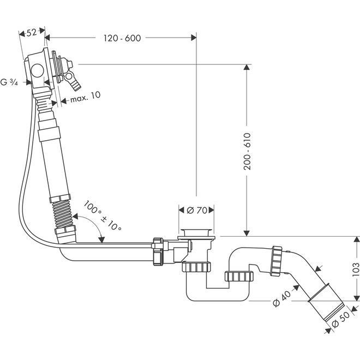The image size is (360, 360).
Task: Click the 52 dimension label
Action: [x=32, y=32]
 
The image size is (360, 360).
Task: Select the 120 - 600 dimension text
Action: [x=122, y=38]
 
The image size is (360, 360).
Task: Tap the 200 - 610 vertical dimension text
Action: [x=247, y=151]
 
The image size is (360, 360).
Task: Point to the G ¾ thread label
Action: [x=9, y=82]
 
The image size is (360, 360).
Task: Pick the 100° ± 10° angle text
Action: [x=103, y=215]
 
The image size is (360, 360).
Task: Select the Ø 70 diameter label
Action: [x=197, y=210]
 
